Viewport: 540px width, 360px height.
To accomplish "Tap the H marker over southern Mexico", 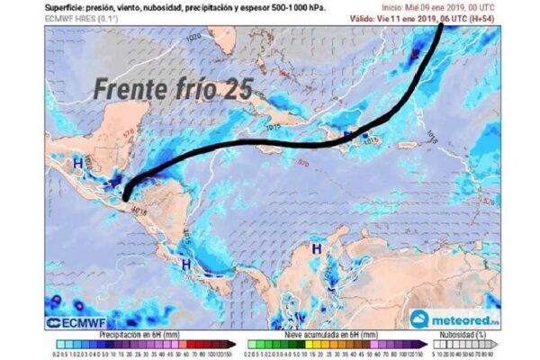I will click(77, 162).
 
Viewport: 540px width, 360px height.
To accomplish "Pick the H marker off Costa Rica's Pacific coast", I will click(185, 265).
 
